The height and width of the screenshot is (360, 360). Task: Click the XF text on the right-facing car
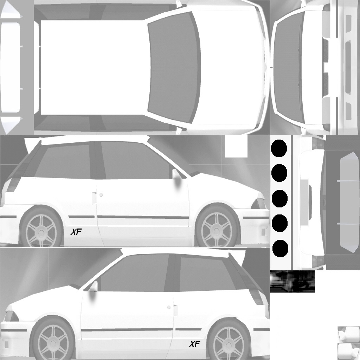tap(76, 232)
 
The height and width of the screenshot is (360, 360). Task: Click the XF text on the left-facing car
tap(194, 344)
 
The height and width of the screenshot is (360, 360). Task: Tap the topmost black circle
tap(279, 148)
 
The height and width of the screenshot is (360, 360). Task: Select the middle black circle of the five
tap(279, 199)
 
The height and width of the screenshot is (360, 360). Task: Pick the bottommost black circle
tap(280, 249)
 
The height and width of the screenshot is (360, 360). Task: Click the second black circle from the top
tap(279, 173)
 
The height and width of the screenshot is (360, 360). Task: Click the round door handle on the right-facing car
tap(101, 195)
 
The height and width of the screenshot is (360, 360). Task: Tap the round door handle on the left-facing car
tap(169, 307)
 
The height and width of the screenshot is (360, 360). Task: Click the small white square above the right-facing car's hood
tap(236, 146)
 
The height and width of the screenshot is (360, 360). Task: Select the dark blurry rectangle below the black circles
tap(292, 282)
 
